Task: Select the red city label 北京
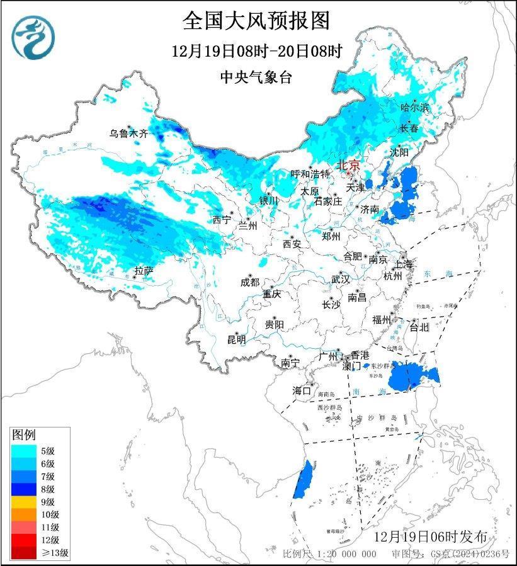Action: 348,165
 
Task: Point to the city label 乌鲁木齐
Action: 128,133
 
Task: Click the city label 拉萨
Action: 144,271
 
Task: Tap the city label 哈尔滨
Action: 414,108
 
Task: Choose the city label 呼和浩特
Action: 310,174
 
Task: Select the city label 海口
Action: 302,390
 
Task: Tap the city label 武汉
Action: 341,280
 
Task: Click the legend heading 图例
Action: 24,435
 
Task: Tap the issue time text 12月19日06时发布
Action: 430,537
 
